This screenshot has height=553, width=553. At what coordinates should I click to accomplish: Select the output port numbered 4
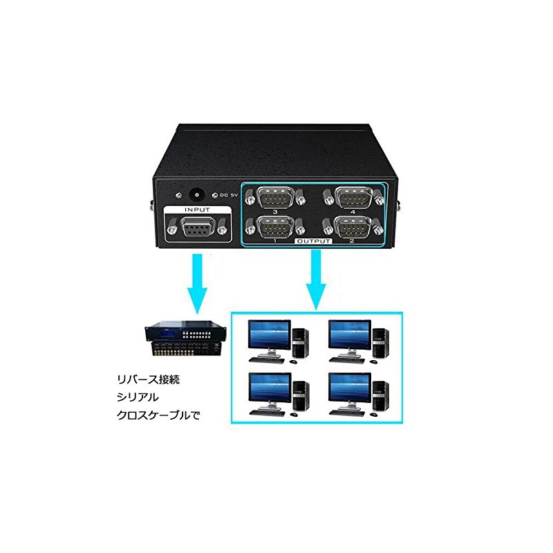(353, 197)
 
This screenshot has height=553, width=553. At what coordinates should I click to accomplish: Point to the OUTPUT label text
(314, 241)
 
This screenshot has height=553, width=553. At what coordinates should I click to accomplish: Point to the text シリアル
(138, 397)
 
